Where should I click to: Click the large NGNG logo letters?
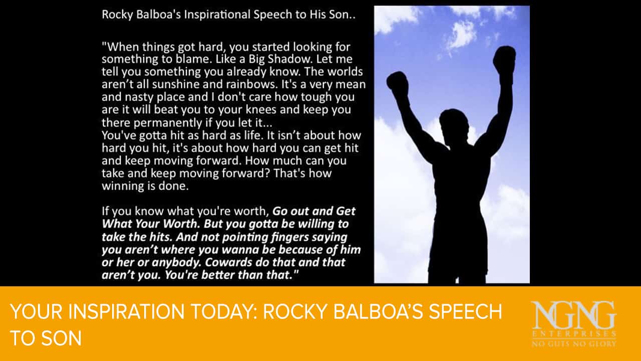[x=573, y=315]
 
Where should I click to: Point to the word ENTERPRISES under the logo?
[x=574, y=334]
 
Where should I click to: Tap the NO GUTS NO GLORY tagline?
[x=574, y=343]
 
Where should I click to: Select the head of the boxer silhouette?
[x=454, y=123]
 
